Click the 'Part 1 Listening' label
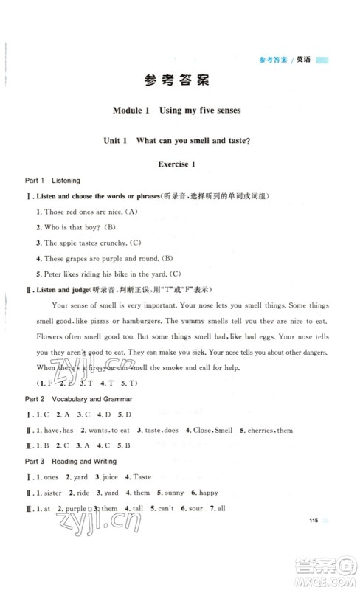(x=52, y=180)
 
